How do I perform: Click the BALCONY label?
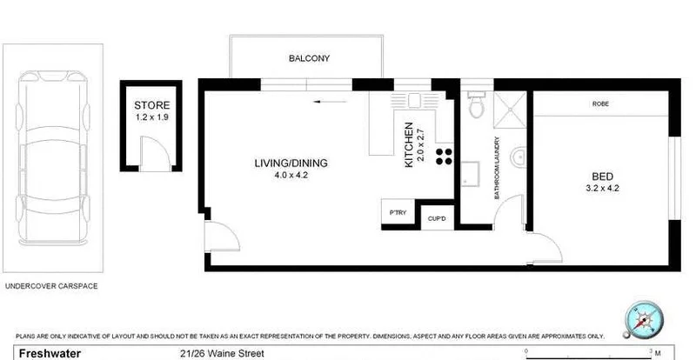point(309,59)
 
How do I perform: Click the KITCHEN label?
point(408,148)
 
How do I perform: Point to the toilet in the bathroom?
point(475,107)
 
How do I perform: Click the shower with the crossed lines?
point(510,108)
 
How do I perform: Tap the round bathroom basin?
point(519,157)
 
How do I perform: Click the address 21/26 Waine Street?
point(221,353)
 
